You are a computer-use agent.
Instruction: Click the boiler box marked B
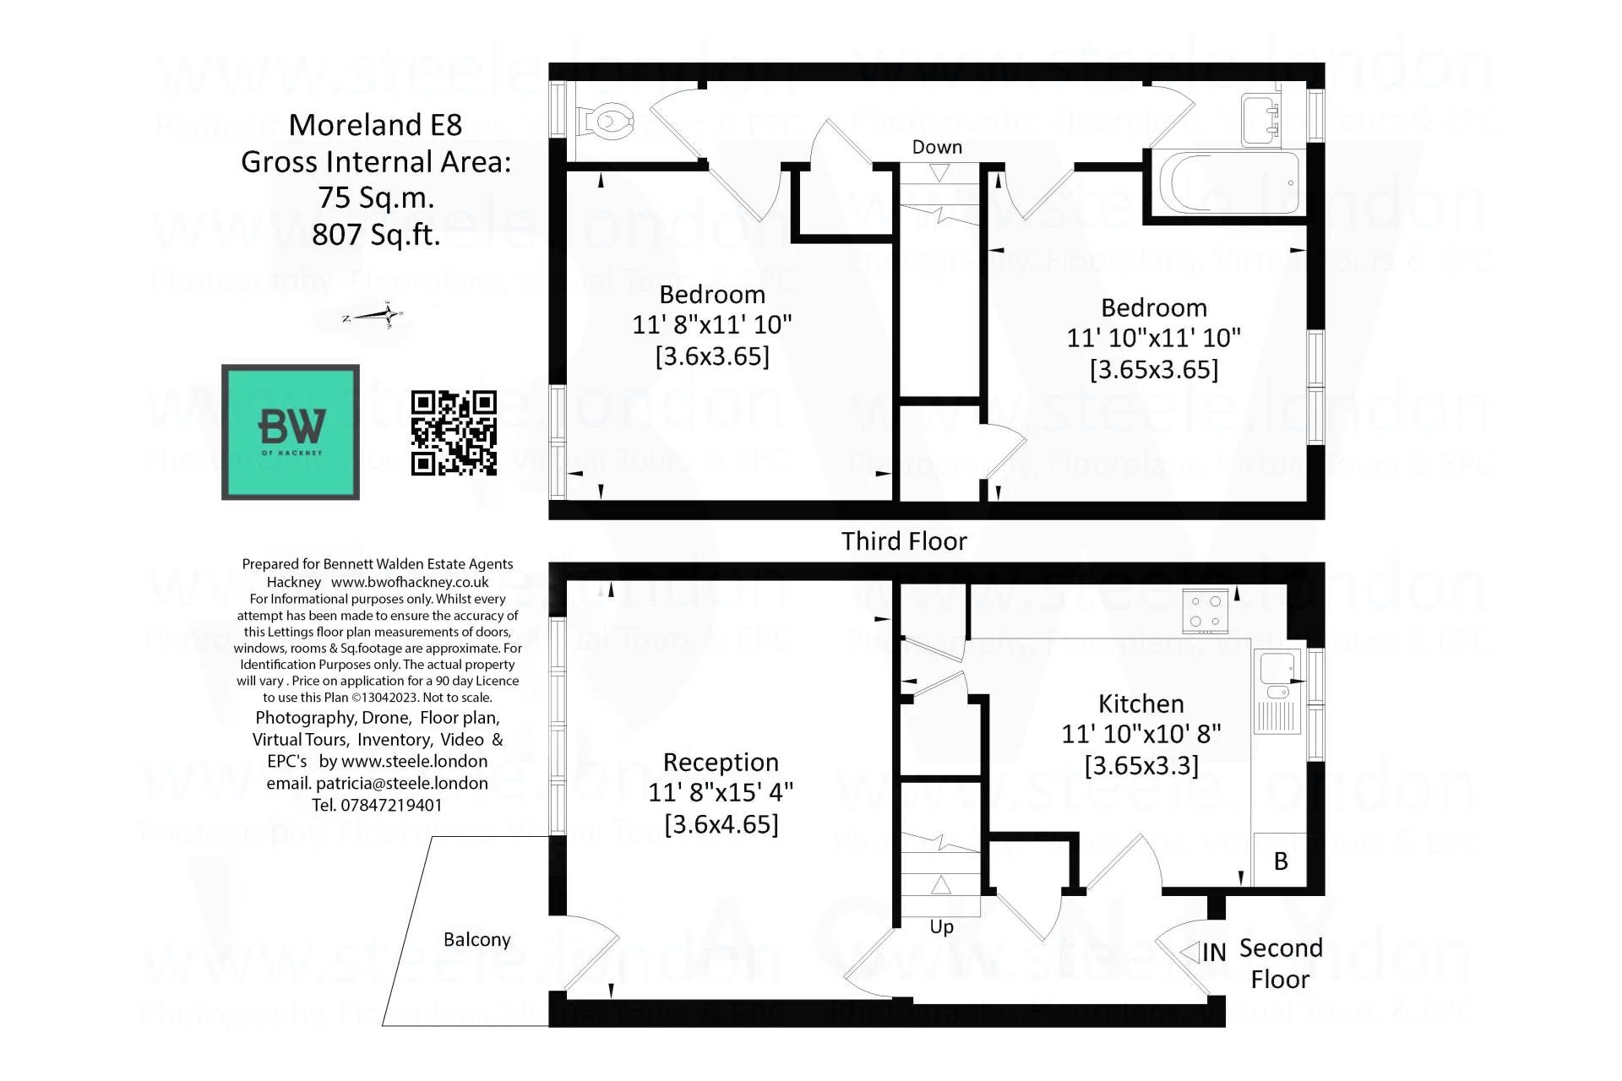tap(1281, 861)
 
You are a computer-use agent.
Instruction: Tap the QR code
tap(454, 432)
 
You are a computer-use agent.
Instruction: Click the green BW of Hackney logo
tap(291, 432)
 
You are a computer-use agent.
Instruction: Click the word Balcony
tap(477, 940)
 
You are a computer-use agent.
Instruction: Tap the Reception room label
tap(721, 763)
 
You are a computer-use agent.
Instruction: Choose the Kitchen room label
tap(1140, 703)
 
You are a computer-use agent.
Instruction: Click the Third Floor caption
tap(904, 541)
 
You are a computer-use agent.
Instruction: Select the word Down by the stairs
tap(937, 147)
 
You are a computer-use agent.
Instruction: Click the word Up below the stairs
tap(941, 926)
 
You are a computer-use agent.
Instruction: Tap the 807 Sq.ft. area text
tap(376, 235)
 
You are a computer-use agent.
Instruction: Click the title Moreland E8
tap(376, 125)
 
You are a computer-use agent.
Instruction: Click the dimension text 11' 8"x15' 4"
tap(721, 793)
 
